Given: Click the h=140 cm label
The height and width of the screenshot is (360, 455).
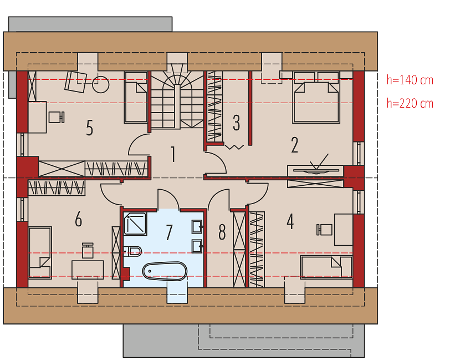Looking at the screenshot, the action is click(410, 80).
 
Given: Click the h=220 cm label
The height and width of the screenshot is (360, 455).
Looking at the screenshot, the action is click(410, 103).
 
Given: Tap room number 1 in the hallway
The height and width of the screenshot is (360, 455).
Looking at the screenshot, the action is click(173, 154).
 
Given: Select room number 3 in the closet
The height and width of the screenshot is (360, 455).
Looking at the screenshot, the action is click(237, 123).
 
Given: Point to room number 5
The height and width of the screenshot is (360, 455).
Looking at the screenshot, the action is click(90, 128).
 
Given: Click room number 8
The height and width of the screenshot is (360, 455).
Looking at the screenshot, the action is click(222, 232).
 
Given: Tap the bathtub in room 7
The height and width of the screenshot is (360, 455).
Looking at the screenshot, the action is click(165, 271).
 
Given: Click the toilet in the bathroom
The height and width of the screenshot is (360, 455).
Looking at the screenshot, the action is click(132, 251).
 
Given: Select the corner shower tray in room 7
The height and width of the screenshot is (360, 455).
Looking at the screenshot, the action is click(135, 224).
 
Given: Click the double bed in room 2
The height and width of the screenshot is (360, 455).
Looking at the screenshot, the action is click(316, 97).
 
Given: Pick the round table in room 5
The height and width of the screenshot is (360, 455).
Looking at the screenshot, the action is click(101, 84).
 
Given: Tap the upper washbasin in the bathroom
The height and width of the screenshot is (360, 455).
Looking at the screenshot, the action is click(197, 227).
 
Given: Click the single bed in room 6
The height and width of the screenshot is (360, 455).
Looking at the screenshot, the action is click(40, 253).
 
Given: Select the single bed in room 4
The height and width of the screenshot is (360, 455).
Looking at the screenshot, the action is click(326, 267).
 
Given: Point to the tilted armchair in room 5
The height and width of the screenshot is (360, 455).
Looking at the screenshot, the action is click(76, 82).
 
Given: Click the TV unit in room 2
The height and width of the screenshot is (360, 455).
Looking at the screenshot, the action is click(315, 171).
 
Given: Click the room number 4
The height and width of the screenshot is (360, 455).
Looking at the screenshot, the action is click(290, 221).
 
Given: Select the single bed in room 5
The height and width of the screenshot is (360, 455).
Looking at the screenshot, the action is click(136, 97).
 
